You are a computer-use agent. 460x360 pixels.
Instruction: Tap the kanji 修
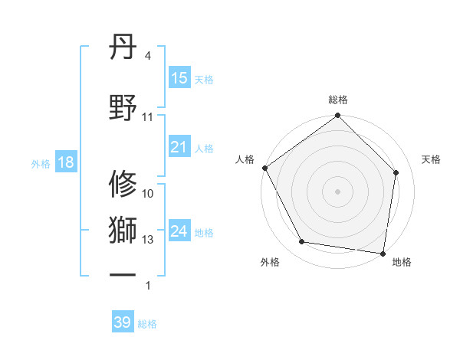[123, 185]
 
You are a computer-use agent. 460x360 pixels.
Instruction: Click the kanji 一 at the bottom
[123, 274]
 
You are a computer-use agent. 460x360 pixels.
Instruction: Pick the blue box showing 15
[179, 78]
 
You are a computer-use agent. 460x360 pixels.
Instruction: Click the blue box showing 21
[179, 148]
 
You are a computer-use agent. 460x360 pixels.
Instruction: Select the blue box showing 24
[179, 232]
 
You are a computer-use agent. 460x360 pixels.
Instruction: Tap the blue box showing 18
[65, 162]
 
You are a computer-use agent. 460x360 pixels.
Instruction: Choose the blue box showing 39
[122, 322]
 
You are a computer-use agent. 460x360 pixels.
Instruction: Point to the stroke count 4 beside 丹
[148, 57]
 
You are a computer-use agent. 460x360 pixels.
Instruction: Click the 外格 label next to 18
[41, 163]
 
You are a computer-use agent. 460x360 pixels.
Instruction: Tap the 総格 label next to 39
[147, 324]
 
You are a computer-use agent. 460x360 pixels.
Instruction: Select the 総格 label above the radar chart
[338, 100]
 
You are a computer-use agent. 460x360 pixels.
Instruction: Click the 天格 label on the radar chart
[432, 159]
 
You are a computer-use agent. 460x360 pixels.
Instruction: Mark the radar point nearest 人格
[264, 168]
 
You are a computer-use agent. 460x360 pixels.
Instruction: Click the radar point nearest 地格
[383, 253]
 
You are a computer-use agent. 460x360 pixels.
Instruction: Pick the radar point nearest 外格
[302, 242]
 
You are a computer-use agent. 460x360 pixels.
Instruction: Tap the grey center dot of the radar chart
[338, 191]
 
